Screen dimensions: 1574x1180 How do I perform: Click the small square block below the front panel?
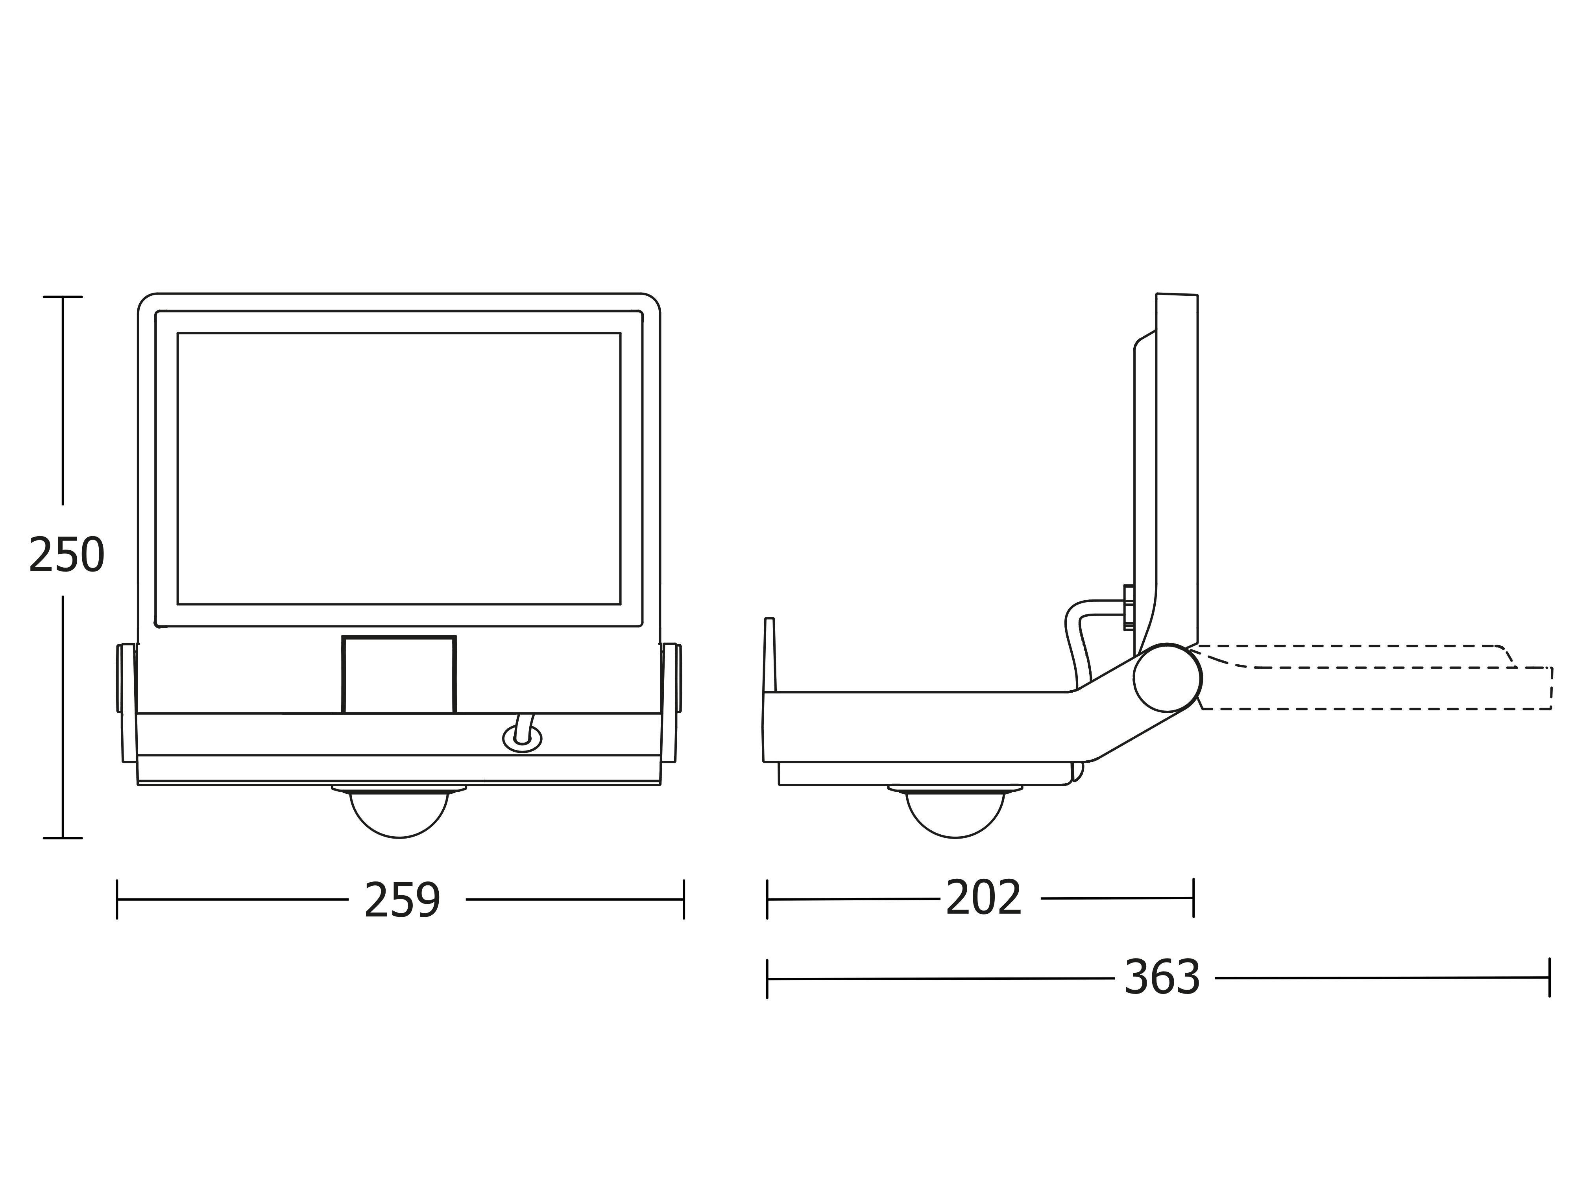399,674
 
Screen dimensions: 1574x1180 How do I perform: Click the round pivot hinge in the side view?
1168,677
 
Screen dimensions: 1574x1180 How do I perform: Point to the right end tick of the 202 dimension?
1193,898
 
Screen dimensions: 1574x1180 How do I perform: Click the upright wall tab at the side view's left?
769,655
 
